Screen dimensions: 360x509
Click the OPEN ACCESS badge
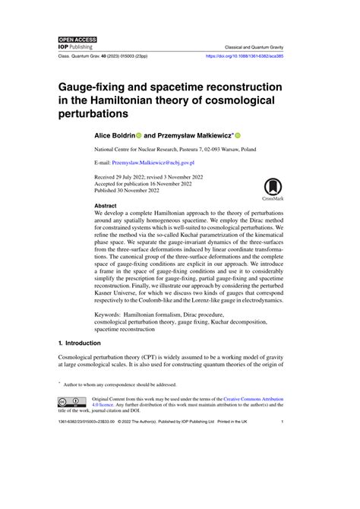(x=77, y=38)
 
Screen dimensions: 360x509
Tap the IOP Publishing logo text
(x=76, y=46)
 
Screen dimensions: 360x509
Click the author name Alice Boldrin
(x=113, y=134)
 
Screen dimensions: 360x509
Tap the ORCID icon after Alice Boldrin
(x=139, y=134)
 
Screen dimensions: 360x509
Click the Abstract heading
(x=106, y=205)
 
